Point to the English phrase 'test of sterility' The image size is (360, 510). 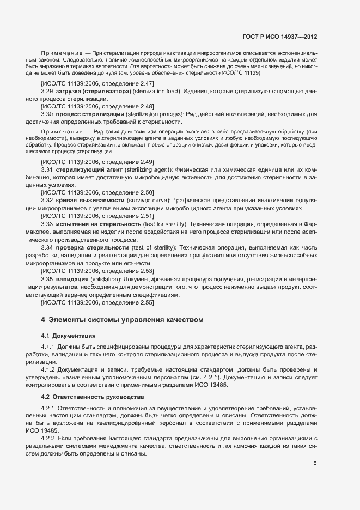[154, 248]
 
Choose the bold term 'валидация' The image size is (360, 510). [72, 279]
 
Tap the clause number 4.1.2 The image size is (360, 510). [48, 370]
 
